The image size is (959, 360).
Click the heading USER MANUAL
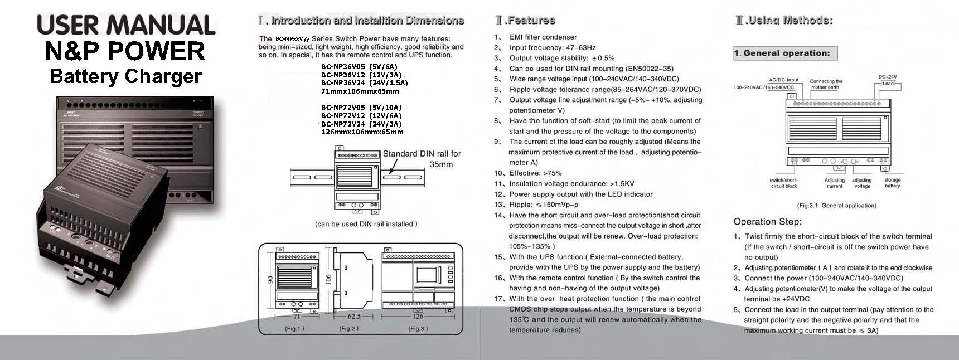coord(126,26)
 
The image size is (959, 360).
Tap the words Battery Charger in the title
coord(125,76)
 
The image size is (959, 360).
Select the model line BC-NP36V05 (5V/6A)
coord(359,66)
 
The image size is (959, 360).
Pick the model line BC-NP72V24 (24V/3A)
coord(361,124)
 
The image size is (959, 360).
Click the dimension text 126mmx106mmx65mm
coord(362,132)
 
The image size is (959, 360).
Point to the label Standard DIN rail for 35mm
coord(422,159)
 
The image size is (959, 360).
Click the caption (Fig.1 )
coord(294,328)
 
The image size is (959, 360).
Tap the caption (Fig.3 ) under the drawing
coord(418,328)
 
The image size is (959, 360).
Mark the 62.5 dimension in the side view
coord(353,316)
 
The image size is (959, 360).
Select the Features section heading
coord(525,21)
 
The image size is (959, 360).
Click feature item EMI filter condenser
coord(543,37)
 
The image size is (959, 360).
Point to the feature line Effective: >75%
coord(535,173)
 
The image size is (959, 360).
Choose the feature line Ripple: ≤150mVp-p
coord(544,205)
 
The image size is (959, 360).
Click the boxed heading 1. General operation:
coord(785,53)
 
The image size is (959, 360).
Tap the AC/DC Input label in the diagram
coord(783,80)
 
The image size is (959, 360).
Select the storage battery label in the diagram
coord(892,183)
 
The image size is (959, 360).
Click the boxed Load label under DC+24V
coord(888,84)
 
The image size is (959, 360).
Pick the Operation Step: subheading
coord(767,221)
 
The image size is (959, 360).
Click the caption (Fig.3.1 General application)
coord(836,206)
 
